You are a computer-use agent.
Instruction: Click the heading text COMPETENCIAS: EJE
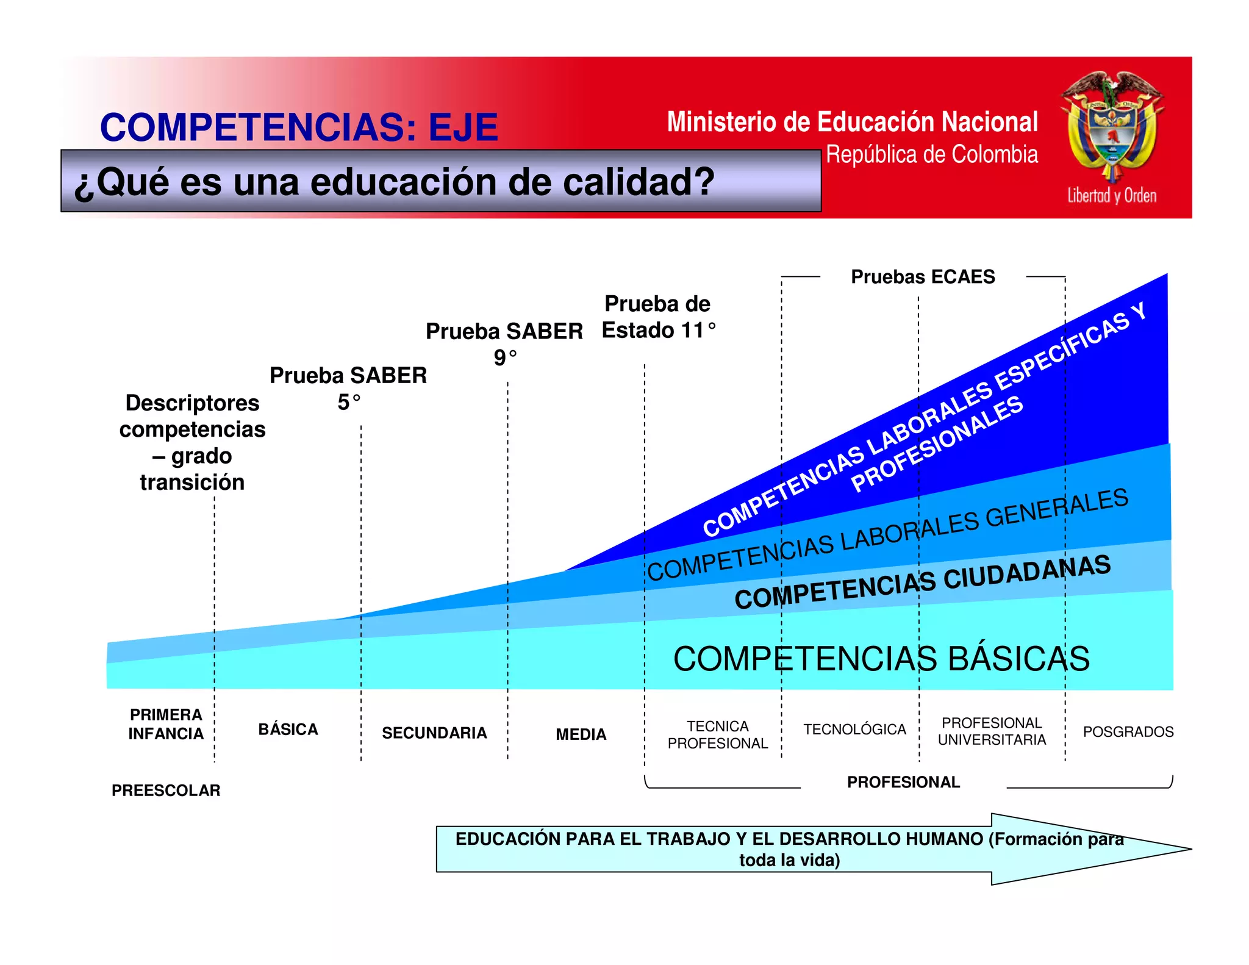pos(299,127)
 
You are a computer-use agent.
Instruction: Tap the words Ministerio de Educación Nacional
pos(852,122)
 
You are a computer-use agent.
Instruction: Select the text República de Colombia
pos(931,155)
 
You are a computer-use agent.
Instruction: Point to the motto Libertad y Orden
pos(1111,196)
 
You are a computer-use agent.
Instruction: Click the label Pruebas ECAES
pos(922,277)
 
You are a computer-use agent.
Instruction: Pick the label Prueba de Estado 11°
pos(658,317)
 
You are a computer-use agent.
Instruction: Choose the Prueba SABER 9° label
pos(504,343)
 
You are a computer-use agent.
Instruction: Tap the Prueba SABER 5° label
pos(348,388)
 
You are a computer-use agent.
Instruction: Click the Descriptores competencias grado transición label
pos(192,442)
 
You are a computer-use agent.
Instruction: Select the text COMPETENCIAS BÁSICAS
pos(881,659)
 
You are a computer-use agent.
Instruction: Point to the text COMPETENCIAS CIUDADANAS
pos(922,582)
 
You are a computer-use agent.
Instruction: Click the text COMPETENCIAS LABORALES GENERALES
pos(887,535)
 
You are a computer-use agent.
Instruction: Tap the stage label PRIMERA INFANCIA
pos(166,724)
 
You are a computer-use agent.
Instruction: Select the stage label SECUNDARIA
pos(434,733)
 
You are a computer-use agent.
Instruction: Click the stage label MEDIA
pos(581,734)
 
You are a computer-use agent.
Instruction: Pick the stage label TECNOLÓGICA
pos(854,730)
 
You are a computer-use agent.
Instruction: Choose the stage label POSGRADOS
pos(1128,731)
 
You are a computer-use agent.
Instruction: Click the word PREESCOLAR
pos(166,791)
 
